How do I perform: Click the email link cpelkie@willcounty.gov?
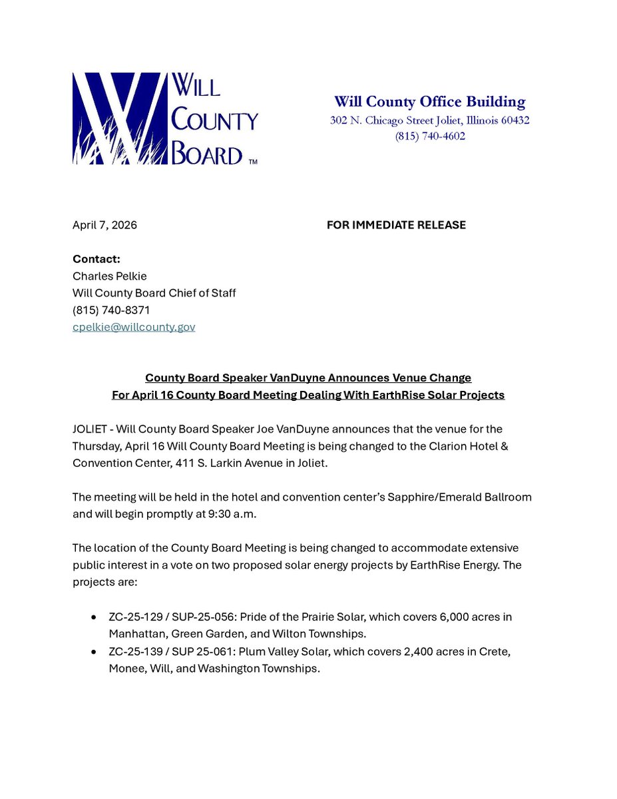(134, 327)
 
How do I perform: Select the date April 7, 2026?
(104, 225)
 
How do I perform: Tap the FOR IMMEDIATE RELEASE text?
(396, 225)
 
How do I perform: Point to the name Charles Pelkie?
(110, 276)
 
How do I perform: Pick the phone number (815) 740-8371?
(111, 310)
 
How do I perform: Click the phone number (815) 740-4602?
(430, 136)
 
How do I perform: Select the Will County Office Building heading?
(429, 102)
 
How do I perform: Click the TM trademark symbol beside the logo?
(252, 161)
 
